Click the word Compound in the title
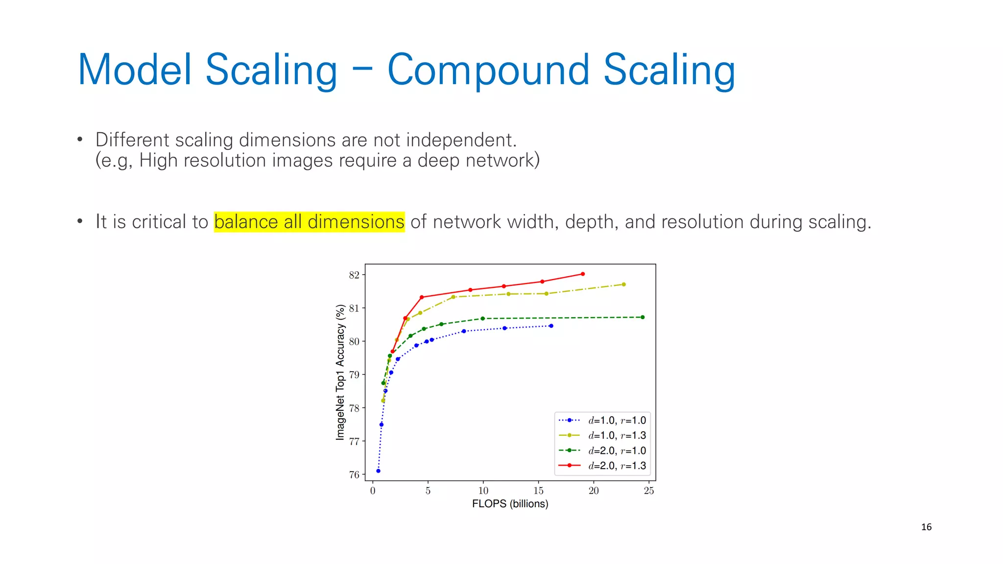488,70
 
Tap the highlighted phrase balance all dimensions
309,222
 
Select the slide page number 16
926,527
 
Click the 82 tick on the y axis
354,275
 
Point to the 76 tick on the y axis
354,474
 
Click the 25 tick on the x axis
648,491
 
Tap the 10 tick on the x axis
483,491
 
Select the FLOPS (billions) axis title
510,504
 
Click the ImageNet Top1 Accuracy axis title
340,372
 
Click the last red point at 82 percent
582,274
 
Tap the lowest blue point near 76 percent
378,471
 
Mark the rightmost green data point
643,317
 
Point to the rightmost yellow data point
623,284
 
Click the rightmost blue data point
551,326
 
